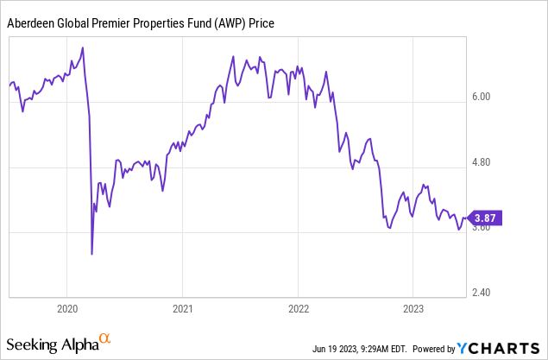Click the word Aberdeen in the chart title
pos(32,23)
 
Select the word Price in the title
pos(261,23)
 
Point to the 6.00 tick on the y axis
pos(479,97)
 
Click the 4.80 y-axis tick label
pos(479,162)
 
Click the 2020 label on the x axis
pos(67,308)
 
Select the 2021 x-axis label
pos(182,308)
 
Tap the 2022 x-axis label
pos(298,308)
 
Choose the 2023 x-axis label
pos(413,308)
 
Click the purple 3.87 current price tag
pos(484,218)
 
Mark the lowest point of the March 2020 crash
pos(92,254)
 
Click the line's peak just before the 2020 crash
pos(82,47)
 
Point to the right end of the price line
pos(467,219)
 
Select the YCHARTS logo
pos(500,348)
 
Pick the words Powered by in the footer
pos(431,349)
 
